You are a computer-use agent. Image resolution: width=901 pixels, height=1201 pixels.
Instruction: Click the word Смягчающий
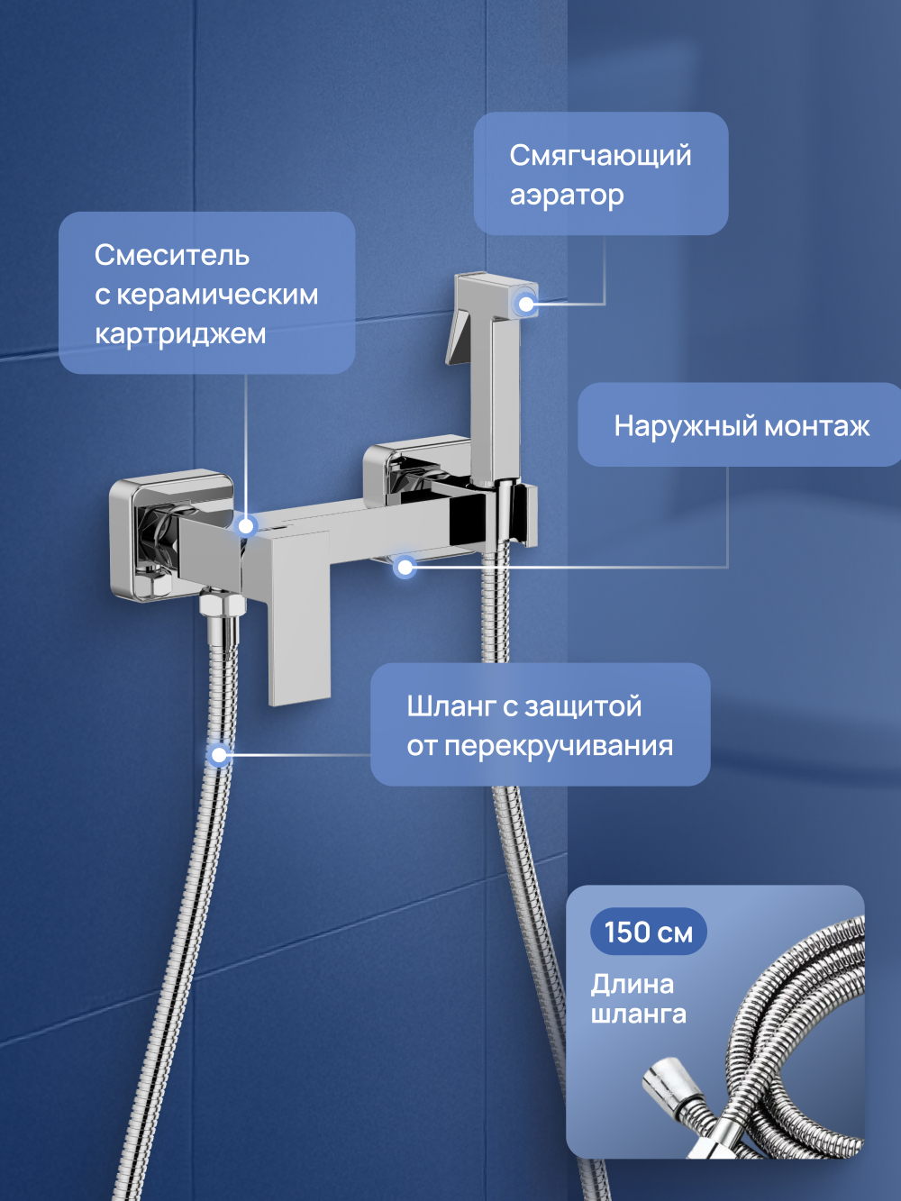600,156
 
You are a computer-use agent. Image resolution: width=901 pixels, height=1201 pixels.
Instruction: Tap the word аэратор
567,196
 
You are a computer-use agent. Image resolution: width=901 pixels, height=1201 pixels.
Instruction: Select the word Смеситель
172,255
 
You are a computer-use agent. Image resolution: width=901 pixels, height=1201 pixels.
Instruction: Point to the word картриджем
180,334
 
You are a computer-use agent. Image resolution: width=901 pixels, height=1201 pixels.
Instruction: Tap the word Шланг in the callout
450,706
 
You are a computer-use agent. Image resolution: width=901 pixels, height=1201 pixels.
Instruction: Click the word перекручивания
559,746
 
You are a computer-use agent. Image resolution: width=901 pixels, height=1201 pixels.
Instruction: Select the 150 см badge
648,932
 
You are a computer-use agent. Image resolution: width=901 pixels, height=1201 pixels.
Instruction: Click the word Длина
633,984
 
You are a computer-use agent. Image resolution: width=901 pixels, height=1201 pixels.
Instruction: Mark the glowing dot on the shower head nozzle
526,304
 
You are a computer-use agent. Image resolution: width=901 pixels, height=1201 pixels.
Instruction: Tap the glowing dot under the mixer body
405,567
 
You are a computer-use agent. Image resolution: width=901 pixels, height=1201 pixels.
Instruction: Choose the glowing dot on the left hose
218,754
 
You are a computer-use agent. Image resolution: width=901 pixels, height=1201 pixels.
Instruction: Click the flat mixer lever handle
300,622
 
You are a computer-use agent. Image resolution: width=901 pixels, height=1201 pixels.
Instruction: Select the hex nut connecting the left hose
222,603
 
